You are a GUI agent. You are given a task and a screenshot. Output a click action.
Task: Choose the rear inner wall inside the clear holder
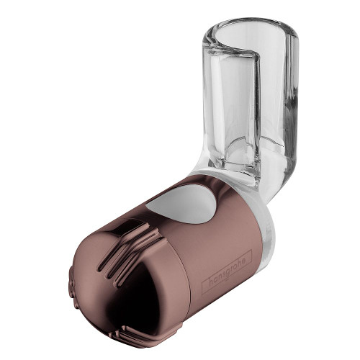point(270,86)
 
